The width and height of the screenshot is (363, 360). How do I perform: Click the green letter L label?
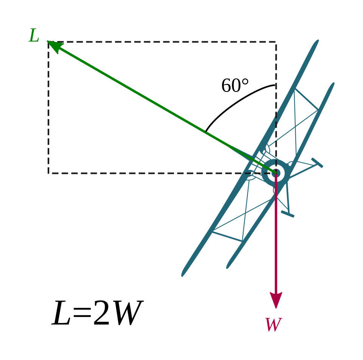[x=34, y=36]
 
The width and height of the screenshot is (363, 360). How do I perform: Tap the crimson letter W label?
[x=273, y=324]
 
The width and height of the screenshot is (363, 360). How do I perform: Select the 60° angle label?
[x=235, y=85]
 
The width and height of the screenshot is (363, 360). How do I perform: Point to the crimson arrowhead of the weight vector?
[x=276, y=300]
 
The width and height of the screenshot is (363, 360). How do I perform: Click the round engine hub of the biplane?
[x=276, y=173]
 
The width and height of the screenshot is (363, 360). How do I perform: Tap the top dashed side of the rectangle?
[x=162, y=42]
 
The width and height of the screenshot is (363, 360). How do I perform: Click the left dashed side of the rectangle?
[x=48, y=107]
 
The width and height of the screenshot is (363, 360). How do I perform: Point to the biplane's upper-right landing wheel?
[x=317, y=163]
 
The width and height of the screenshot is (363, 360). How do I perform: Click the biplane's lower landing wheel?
[x=287, y=214]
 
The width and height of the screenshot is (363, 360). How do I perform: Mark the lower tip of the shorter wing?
[x=227, y=268]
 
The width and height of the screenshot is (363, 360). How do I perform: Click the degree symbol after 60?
[x=245, y=82]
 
